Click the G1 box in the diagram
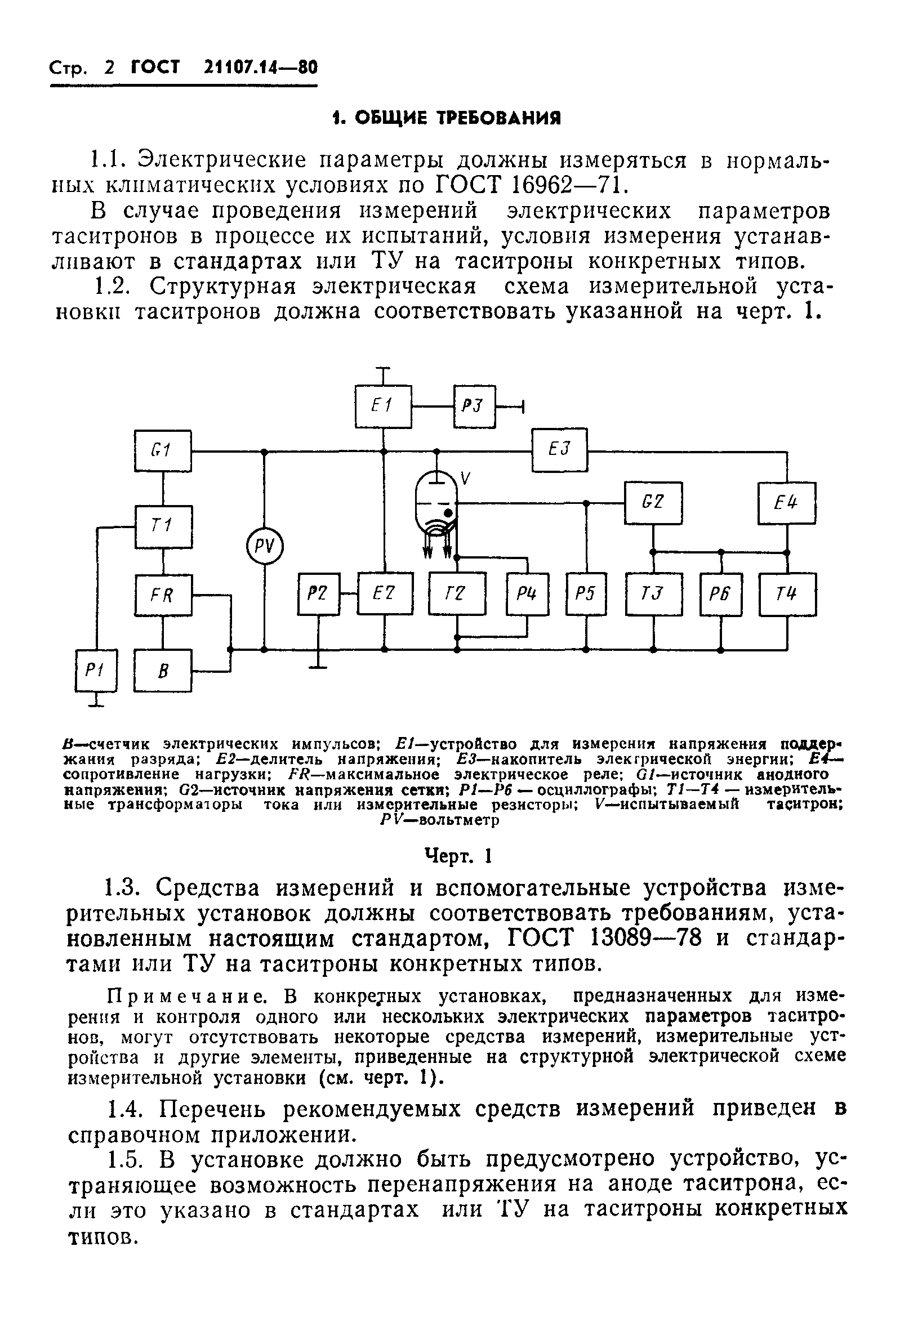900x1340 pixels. pos(163,451)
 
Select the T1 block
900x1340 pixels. pos(163,526)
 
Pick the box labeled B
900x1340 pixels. pos(163,671)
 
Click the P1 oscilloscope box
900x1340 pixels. pos(96,670)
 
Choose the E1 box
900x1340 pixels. pos(383,406)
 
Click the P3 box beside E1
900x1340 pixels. pos(474,406)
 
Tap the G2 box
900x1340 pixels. pos(653,503)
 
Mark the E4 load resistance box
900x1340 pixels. pos(786,503)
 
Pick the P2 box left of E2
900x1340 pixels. pos(319,593)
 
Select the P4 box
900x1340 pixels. pos(528,593)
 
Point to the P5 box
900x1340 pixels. pos(586,593)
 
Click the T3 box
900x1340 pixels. pos(653,593)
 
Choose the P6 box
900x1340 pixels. pos(721,593)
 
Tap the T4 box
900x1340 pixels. pos(787,593)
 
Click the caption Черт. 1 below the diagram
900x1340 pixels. pos(458,856)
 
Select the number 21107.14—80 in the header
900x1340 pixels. pos(260,68)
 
